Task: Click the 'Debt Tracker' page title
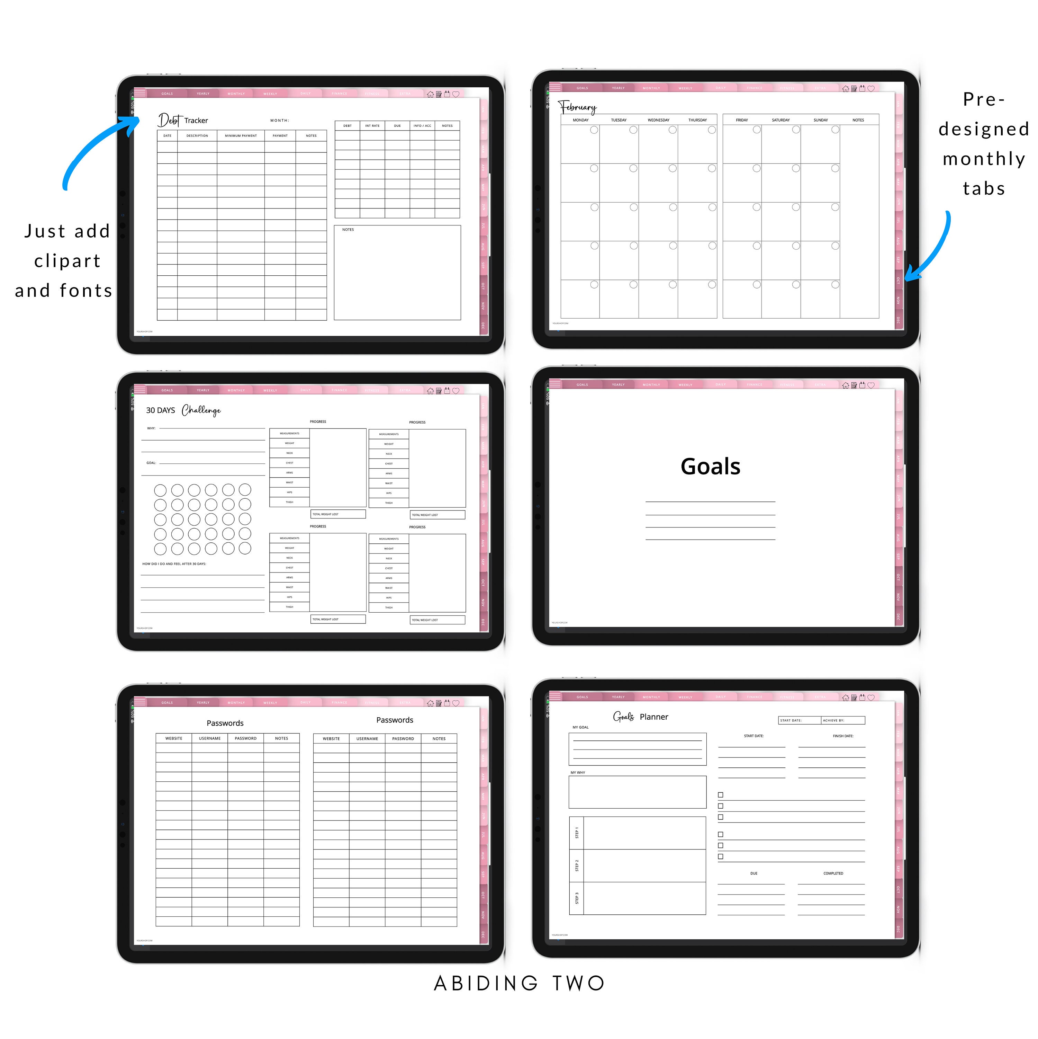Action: click(x=183, y=120)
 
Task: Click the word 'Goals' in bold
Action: click(x=710, y=466)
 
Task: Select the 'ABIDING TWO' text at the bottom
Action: click(x=519, y=983)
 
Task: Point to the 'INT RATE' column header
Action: click(x=372, y=126)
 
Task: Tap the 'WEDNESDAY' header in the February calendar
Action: click(x=658, y=120)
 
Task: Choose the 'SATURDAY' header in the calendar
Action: click(x=780, y=120)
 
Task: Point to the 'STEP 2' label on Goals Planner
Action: click(x=577, y=865)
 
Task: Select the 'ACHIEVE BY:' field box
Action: click(x=842, y=720)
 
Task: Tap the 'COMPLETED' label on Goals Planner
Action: click(x=833, y=873)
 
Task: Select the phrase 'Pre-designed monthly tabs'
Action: click(x=983, y=144)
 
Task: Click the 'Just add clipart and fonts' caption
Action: click(x=64, y=261)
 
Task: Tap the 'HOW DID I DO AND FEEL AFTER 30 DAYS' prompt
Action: click(x=174, y=563)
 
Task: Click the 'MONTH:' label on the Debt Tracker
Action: click(x=280, y=121)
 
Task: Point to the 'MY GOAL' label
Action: click(x=580, y=727)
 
